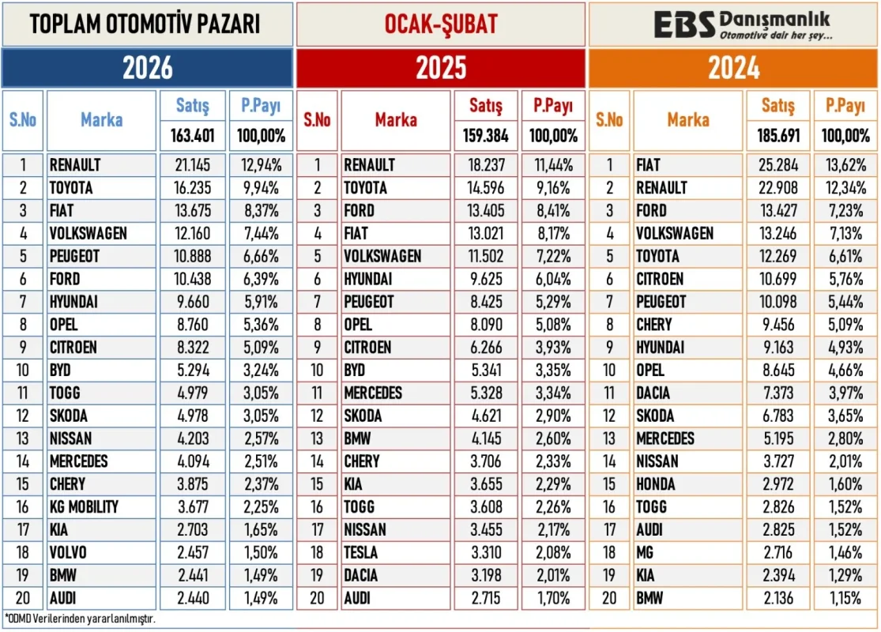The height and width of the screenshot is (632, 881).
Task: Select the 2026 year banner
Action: pos(147,68)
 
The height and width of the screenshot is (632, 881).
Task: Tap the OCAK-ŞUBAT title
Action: pos(441,24)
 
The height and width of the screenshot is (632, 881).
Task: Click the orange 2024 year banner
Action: pos(733,68)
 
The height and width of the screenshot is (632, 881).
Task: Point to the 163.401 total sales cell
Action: pos(193,135)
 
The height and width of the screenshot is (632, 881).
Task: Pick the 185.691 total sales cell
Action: pos(778,135)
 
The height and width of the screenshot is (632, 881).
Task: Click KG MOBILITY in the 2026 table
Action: pos(84,507)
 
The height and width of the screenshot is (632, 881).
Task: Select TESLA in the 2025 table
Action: pos(361,552)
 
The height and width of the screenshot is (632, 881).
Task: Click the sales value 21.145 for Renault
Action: pos(193,165)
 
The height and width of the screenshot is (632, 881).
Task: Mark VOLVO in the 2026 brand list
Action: pos(68,552)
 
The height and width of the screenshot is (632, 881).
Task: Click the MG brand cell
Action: pos(646,552)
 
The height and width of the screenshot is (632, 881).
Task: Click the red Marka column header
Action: pos(396,120)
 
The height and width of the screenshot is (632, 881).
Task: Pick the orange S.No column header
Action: pos(609,120)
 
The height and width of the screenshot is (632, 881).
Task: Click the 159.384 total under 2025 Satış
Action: pos(486,135)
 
